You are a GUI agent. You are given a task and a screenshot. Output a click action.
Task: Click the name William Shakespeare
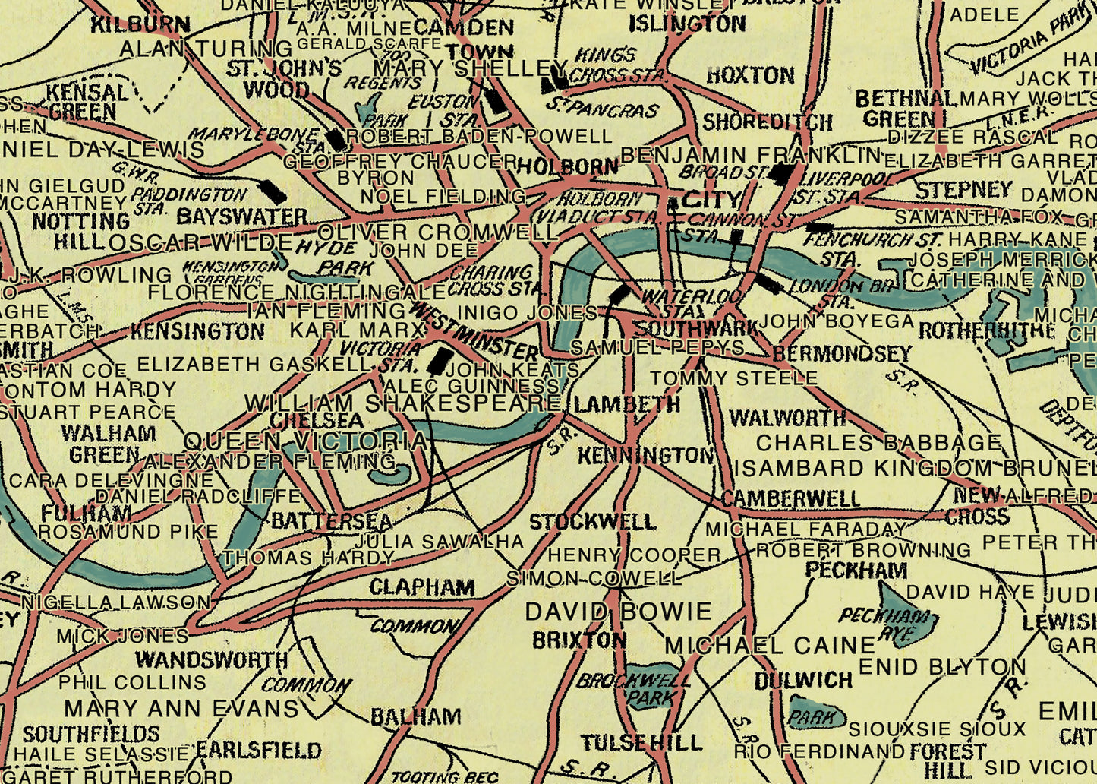(402, 403)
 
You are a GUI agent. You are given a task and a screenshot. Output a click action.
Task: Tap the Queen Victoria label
(306, 441)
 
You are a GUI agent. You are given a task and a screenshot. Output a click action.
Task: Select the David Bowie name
(619, 612)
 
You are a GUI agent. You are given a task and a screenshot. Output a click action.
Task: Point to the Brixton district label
(579, 640)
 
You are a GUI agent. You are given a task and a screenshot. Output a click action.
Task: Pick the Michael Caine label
(770, 646)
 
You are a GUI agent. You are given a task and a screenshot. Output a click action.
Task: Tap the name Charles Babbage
(879, 443)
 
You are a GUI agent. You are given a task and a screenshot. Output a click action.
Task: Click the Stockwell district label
(592, 522)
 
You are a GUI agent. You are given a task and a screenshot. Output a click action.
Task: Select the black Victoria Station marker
(438, 360)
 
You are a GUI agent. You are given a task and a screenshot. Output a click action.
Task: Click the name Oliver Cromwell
(438, 232)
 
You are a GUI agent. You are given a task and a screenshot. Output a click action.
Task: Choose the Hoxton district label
(750, 75)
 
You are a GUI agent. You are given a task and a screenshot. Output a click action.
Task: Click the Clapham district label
(422, 587)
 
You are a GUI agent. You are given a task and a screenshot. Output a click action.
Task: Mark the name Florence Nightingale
(297, 292)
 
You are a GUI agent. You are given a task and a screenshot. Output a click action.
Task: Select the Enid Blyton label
(942, 667)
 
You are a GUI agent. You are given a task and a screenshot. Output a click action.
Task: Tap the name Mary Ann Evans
(181, 709)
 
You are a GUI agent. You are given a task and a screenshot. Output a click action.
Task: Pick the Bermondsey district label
(841, 354)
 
